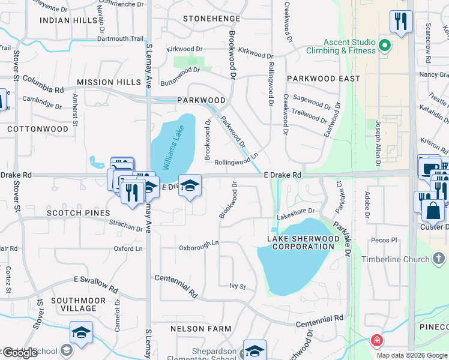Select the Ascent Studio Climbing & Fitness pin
coord(385,46)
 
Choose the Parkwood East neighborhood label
coord(323,79)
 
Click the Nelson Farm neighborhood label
coord(200,329)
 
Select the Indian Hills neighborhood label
coord(68,20)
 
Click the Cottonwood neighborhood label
coord(38,129)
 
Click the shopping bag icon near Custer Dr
coord(433,211)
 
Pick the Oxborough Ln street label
coord(199,248)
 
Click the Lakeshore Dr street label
coord(295,211)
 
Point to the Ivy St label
coord(238,287)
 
